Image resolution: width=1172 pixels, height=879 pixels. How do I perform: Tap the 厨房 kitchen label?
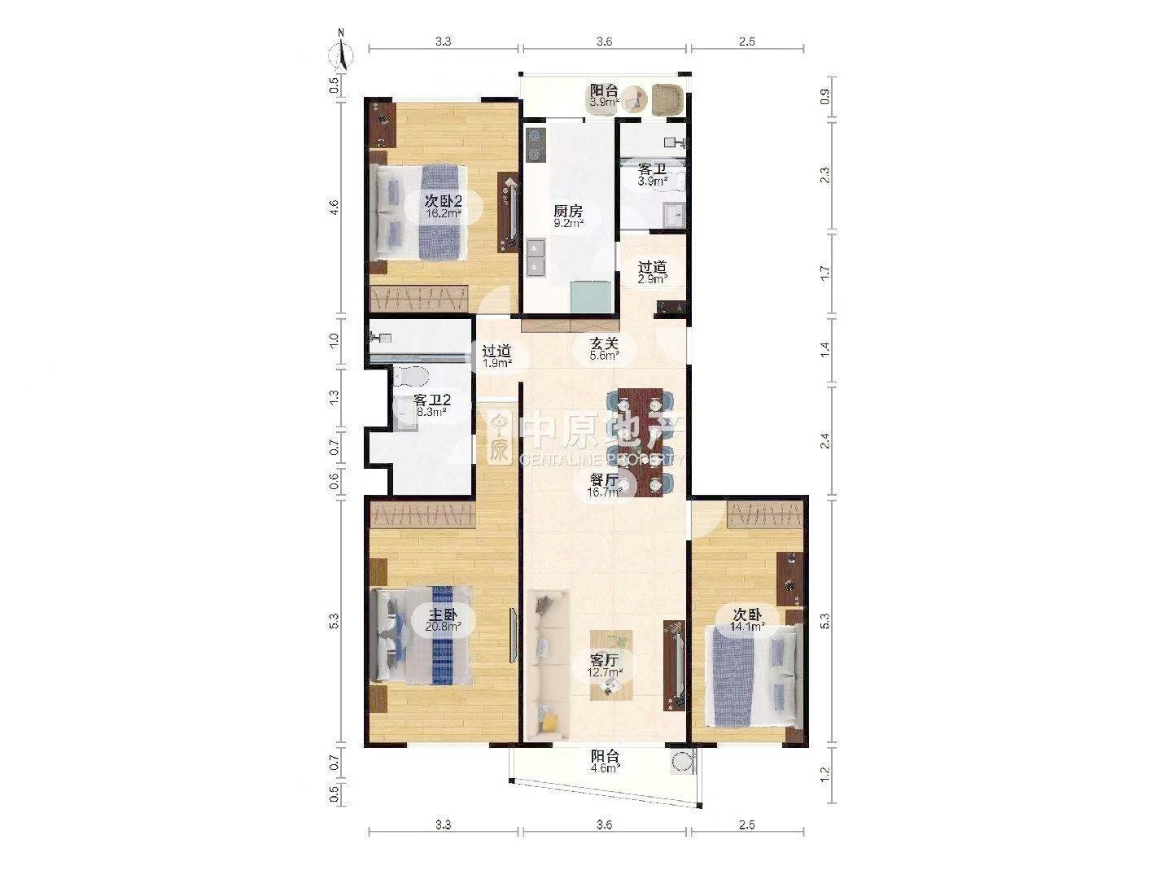tap(567, 211)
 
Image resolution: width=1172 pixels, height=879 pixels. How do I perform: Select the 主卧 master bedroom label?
tap(442, 614)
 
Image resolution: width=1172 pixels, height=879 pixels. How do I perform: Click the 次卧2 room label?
tap(444, 201)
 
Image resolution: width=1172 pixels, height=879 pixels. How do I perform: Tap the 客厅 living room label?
tap(604, 659)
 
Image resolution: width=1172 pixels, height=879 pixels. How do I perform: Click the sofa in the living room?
tap(547, 664)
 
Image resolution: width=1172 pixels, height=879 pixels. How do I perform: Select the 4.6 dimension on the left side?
tap(334, 206)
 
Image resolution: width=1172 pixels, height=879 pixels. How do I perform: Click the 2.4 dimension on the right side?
tap(825, 441)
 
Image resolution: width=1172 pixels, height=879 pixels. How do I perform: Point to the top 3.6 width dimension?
tap(604, 42)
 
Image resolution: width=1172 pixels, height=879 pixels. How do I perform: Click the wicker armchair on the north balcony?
tap(667, 99)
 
